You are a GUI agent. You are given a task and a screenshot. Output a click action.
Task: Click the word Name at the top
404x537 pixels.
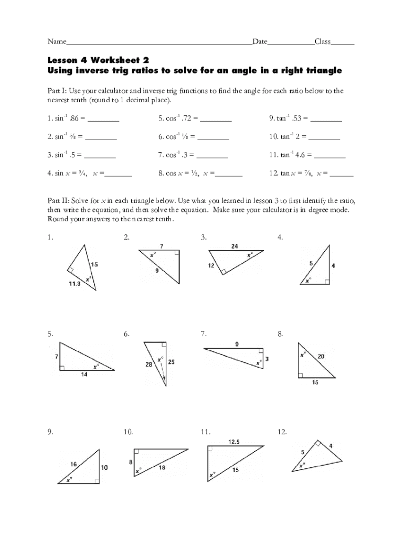point(57,41)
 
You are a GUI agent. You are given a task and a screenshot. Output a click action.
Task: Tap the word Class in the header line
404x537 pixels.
point(322,41)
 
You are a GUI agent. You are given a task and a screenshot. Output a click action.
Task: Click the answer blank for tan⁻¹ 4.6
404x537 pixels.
point(329,155)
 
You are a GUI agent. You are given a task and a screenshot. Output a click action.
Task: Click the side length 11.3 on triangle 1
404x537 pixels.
point(75,284)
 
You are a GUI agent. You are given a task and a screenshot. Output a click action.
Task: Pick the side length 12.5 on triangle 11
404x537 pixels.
point(234,442)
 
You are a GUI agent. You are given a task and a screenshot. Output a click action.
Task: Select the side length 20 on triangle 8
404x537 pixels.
point(321,356)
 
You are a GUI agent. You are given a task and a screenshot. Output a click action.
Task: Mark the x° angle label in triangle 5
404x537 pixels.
point(96,367)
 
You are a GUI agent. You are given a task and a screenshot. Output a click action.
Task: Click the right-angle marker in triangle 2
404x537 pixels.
point(177,253)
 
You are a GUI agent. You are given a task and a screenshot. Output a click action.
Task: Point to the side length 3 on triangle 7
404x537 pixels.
point(267,359)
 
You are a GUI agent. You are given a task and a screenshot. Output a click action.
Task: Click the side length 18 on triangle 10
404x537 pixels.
point(162,467)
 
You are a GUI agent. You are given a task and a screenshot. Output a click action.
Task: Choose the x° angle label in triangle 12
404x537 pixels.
point(302,465)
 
